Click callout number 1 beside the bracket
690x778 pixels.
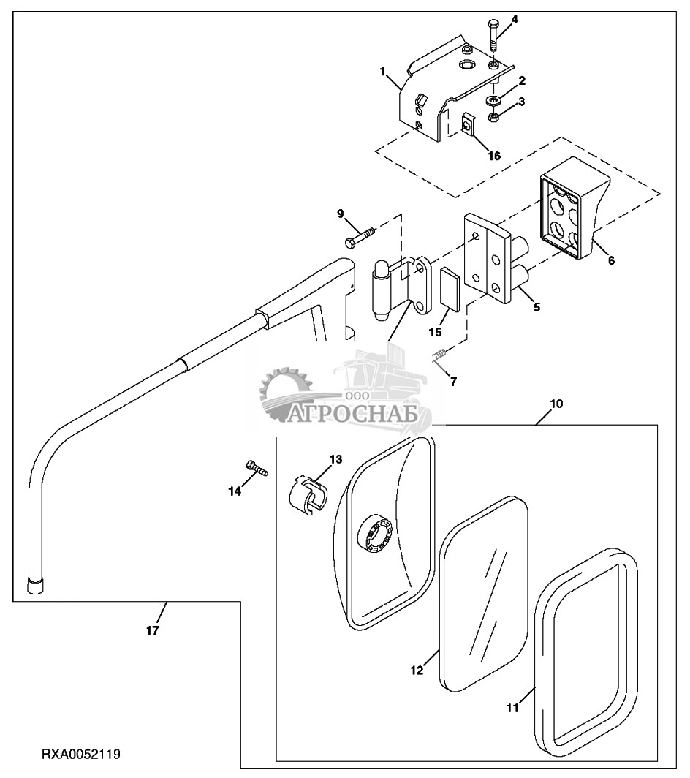click(x=382, y=72)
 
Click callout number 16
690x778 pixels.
click(x=495, y=156)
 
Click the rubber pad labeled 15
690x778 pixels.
click(x=449, y=288)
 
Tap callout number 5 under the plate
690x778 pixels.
click(x=537, y=307)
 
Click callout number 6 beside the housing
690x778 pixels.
click(x=611, y=260)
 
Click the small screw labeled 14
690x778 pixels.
click(x=257, y=469)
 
